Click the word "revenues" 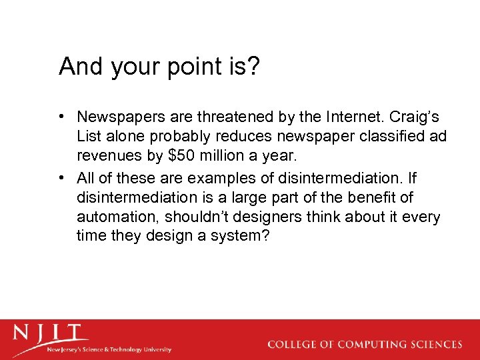[x=109, y=155]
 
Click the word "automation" [x=117, y=217]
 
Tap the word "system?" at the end [x=241, y=237]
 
